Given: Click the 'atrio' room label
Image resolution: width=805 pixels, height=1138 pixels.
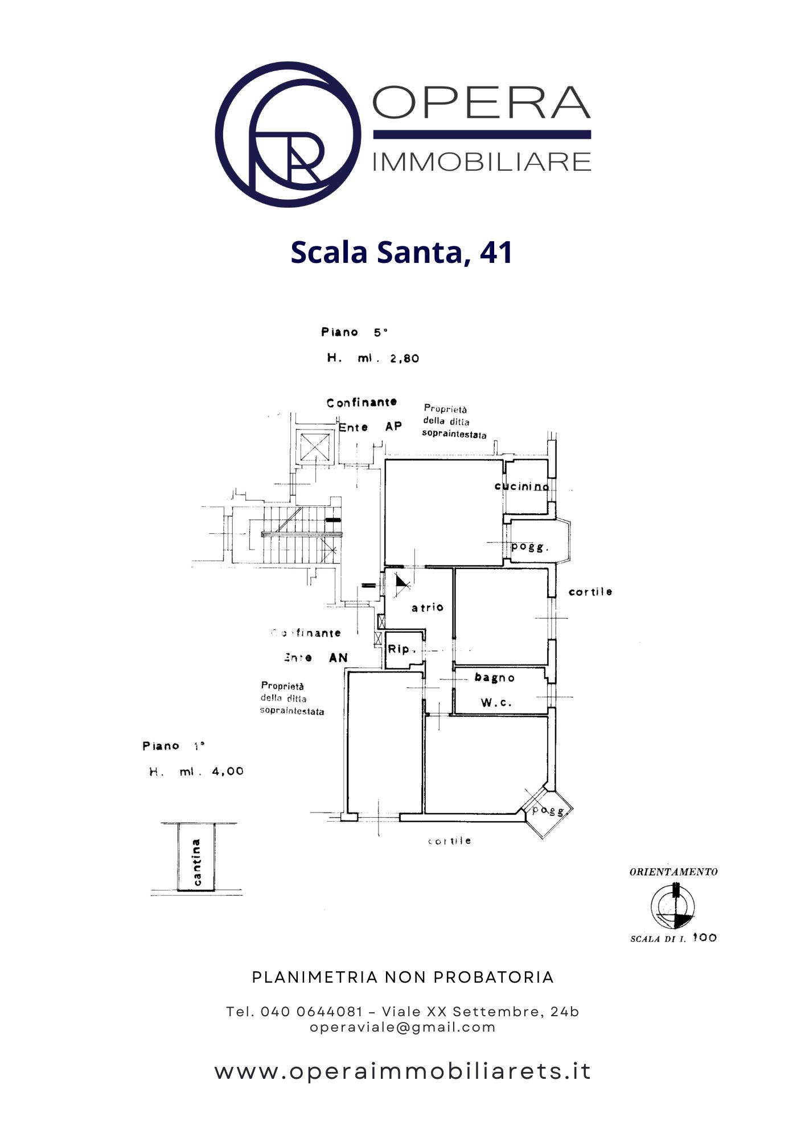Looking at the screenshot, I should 427,607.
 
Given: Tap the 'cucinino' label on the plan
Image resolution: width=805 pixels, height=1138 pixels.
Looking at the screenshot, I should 521,486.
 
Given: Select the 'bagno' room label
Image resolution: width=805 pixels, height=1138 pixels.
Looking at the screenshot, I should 494,678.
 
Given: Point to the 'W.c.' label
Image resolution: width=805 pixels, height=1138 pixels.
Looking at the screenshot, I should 496,703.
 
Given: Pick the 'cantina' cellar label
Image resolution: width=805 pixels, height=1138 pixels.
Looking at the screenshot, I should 196,862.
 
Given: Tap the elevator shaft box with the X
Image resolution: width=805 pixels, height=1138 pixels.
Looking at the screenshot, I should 315,447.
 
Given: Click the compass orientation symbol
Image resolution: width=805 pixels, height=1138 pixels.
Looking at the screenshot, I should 673,906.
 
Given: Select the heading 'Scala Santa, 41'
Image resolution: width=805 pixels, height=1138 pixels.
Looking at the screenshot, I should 401,252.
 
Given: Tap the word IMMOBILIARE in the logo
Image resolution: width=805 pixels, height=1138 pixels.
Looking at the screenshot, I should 482,162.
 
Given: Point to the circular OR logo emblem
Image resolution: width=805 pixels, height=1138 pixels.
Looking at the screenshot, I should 287,134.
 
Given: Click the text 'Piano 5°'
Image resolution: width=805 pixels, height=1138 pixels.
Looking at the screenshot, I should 354,332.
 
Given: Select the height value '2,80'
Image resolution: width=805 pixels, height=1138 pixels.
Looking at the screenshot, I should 404,358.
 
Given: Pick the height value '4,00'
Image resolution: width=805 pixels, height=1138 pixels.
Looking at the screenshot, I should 227,772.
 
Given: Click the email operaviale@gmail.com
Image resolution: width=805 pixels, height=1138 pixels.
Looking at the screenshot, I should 402,1027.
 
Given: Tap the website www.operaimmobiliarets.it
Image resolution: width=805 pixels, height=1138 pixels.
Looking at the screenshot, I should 402,1071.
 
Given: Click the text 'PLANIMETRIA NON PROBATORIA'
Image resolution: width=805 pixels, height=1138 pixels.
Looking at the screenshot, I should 402,978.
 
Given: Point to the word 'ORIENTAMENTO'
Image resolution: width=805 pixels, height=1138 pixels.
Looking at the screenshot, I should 673,872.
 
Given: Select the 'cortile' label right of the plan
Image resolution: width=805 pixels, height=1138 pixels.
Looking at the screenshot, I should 590,592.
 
